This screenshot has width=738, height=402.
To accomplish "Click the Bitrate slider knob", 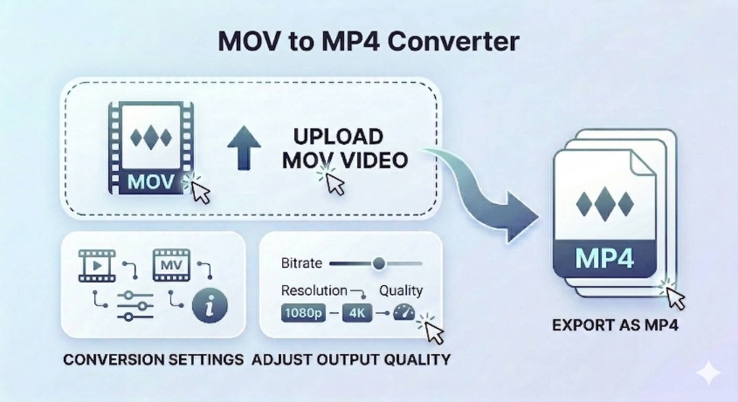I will coord(378,262).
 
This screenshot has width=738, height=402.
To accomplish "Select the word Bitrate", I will coord(302,262).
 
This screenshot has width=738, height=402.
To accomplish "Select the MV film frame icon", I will coord(171,262).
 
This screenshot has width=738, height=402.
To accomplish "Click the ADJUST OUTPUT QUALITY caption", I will coord(350,359).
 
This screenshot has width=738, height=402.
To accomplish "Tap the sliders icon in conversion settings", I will coord(134,302).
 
